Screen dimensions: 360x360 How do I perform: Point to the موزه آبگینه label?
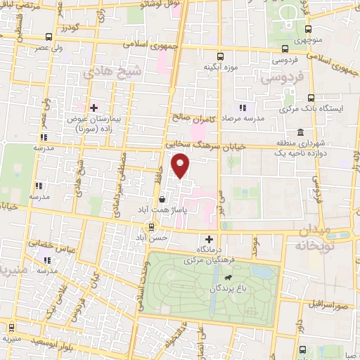(x=218, y=67)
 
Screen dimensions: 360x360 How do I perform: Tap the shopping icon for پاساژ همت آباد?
(x=162, y=200)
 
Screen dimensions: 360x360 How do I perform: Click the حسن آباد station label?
(x=153, y=238)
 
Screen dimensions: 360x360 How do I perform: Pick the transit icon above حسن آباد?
(x=151, y=226)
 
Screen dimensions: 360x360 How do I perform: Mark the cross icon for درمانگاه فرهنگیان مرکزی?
(x=208, y=239)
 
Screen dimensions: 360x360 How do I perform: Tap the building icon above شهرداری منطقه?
(x=301, y=133)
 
